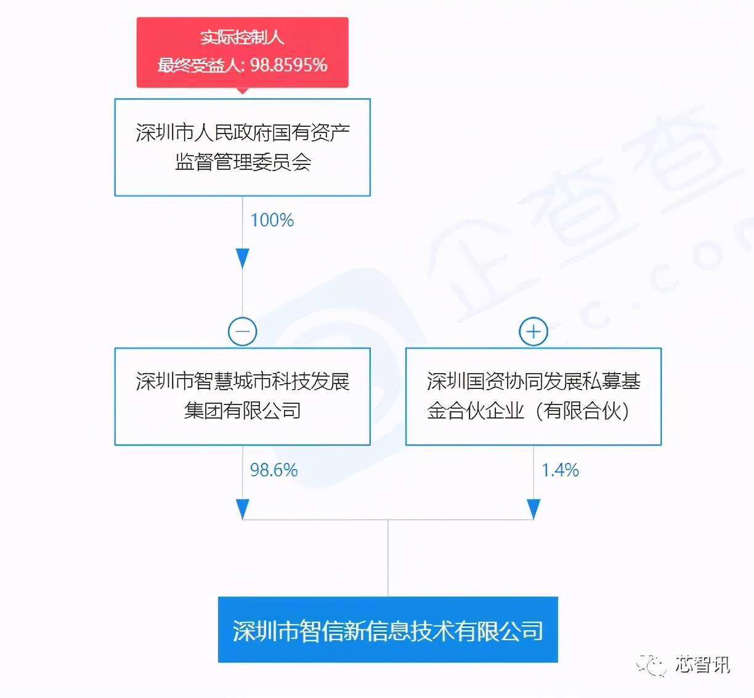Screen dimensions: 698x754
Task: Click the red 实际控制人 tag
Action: click(x=242, y=38)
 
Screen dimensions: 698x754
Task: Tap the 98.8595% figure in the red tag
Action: click(x=288, y=65)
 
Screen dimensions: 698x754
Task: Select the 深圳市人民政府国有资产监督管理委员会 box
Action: click(x=242, y=147)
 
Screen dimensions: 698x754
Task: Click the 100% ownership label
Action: click(x=272, y=220)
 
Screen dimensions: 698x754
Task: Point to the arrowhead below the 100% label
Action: click(x=243, y=258)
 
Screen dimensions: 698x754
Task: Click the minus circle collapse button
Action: click(x=243, y=332)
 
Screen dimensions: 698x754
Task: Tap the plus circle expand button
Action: click(x=533, y=332)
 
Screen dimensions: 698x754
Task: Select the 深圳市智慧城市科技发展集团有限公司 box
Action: click(x=242, y=396)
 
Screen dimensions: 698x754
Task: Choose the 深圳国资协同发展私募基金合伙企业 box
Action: click(x=533, y=396)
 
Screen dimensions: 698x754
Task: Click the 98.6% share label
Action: click(x=274, y=470)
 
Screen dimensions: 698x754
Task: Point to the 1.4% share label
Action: click(x=560, y=470)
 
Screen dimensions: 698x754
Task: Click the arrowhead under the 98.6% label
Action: click(x=243, y=509)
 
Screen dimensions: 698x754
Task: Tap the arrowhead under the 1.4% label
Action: click(x=533, y=509)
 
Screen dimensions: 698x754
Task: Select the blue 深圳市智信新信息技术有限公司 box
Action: click(x=387, y=630)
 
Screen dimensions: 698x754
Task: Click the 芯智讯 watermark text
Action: click(x=702, y=664)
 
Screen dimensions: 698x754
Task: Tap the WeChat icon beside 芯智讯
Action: click(x=652, y=665)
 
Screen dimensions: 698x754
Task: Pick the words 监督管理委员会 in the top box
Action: click(x=243, y=162)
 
